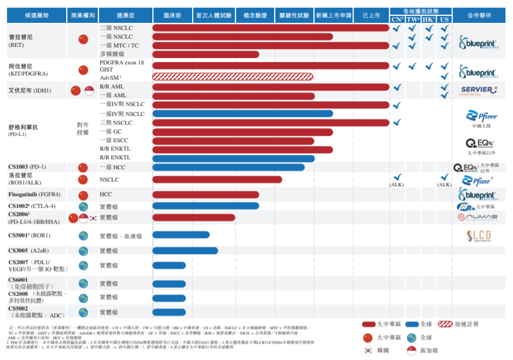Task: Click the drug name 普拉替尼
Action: coord(20,36)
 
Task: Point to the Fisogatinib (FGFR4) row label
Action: coord(35,194)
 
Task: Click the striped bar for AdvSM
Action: coord(232,76)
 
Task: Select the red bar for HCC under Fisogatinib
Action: coord(206,194)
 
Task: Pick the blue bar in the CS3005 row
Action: coord(185,251)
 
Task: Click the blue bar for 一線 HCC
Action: coord(228,167)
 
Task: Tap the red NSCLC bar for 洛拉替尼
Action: coord(217,180)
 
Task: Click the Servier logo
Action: coord(478,90)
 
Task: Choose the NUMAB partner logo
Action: coord(478,217)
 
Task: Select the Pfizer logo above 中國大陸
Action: coord(482,116)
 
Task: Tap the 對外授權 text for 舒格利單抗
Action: coord(83,129)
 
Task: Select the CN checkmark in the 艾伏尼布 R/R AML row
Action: coord(396,87)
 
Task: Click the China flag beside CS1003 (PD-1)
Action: coord(83,168)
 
